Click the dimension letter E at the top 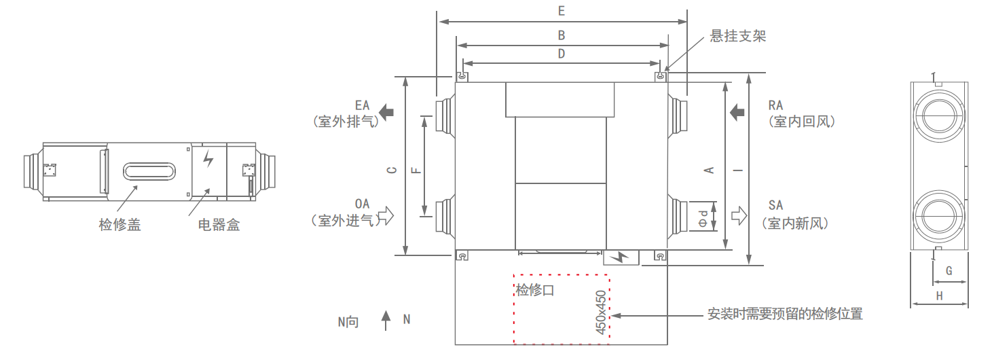pyautogui.click(x=561, y=11)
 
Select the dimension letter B pyautogui.click(x=561, y=35)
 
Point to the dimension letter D pyautogui.click(x=561, y=54)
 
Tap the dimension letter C pyautogui.click(x=392, y=170)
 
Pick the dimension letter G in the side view pyautogui.click(x=949, y=271)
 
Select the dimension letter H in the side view pyautogui.click(x=940, y=295)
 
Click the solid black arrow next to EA pyautogui.click(x=386, y=111)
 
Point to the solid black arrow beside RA pyautogui.click(x=737, y=111)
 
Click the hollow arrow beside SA pyautogui.click(x=738, y=215)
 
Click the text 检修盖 pyautogui.click(x=120, y=225)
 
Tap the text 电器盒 pyautogui.click(x=219, y=225)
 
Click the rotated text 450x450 pyautogui.click(x=600, y=312)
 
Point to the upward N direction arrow pyautogui.click(x=386, y=320)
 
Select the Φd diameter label pyautogui.click(x=703, y=217)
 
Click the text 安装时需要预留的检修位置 pyautogui.click(x=785, y=314)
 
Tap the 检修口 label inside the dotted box pyautogui.click(x=535, y=291)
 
